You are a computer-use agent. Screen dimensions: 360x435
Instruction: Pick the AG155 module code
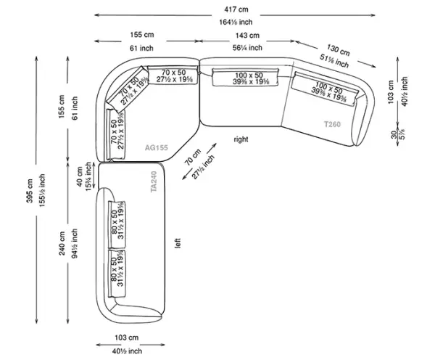(x=157, y=147)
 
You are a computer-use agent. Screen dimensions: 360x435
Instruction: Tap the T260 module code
(x=331, y=124)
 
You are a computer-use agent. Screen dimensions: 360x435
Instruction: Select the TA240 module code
(x=153, y=181)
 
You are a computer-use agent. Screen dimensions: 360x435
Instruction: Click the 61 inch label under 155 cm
(x=142, y=47)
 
